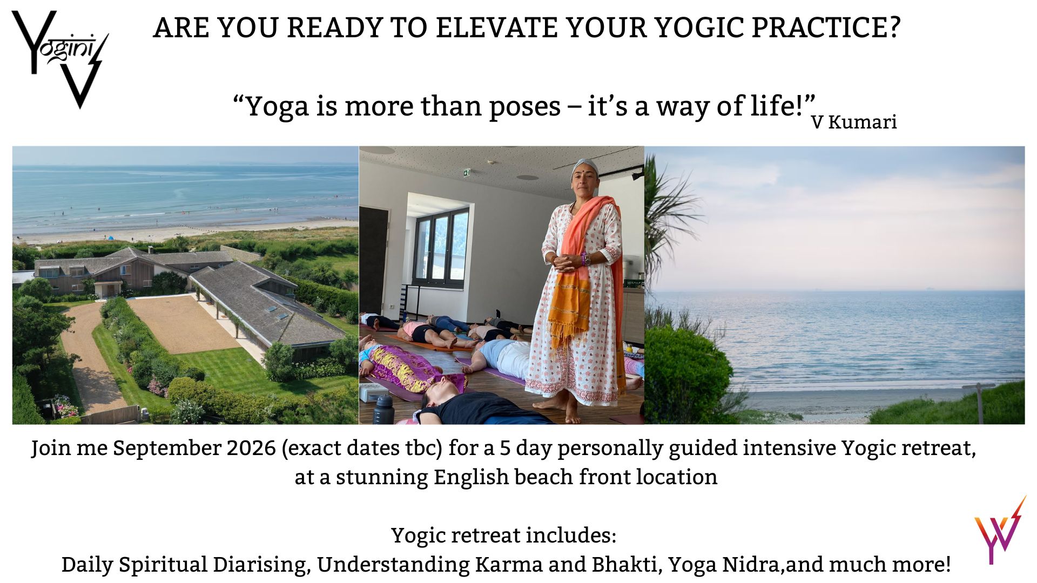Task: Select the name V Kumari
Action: click(853, 122)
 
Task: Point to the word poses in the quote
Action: click(524, 106)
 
